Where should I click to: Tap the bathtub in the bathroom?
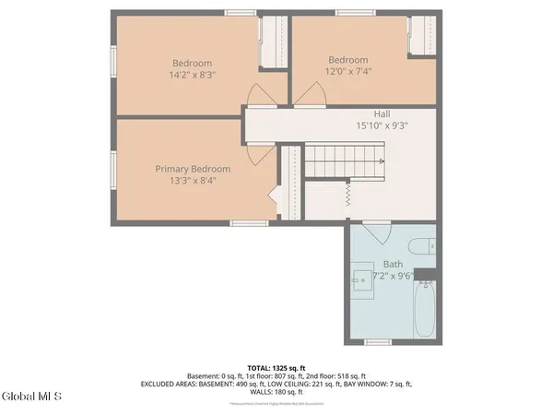(x=425, y=311)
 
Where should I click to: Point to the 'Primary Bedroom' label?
(x=193, y=169)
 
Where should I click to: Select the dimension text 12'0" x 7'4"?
(x=348, y=72)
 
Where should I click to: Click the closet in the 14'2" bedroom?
(x=273, y=43)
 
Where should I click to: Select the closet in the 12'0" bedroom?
(x=420, y=39)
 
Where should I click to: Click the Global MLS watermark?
(x=31, y=397)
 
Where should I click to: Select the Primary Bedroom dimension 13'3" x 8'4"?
(x=193, y=182)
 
